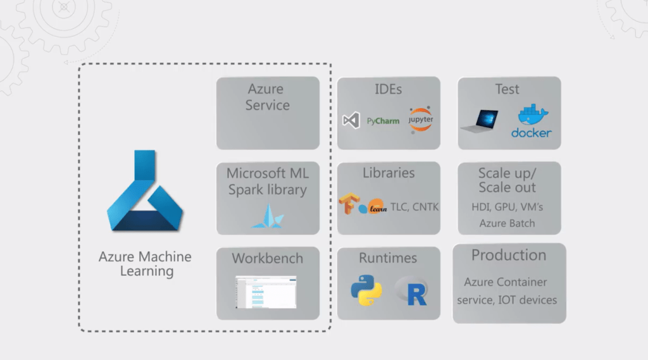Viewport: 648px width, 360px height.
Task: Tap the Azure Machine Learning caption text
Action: pos(145,264)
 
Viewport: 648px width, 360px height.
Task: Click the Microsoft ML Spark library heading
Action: pos(268,181)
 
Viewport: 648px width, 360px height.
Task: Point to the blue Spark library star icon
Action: pos(268,217)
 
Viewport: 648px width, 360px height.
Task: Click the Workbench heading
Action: pos(268,258)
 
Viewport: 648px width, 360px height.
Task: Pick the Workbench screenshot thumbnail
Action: pos(266,292)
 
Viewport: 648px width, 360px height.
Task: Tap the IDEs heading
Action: pos(388,89)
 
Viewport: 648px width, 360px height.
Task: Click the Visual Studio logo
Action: pos(351,120)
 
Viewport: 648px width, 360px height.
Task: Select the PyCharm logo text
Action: pos(383,121)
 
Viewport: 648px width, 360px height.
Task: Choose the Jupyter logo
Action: pos(420,119)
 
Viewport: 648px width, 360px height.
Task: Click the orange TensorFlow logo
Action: pos(347,204)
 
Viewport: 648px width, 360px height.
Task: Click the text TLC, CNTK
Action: pos(414,207)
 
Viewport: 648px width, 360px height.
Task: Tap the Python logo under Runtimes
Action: pos(366,290)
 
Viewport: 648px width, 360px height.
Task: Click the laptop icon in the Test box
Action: pos(480,121)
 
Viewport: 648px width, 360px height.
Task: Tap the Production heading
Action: pos(509,255)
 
